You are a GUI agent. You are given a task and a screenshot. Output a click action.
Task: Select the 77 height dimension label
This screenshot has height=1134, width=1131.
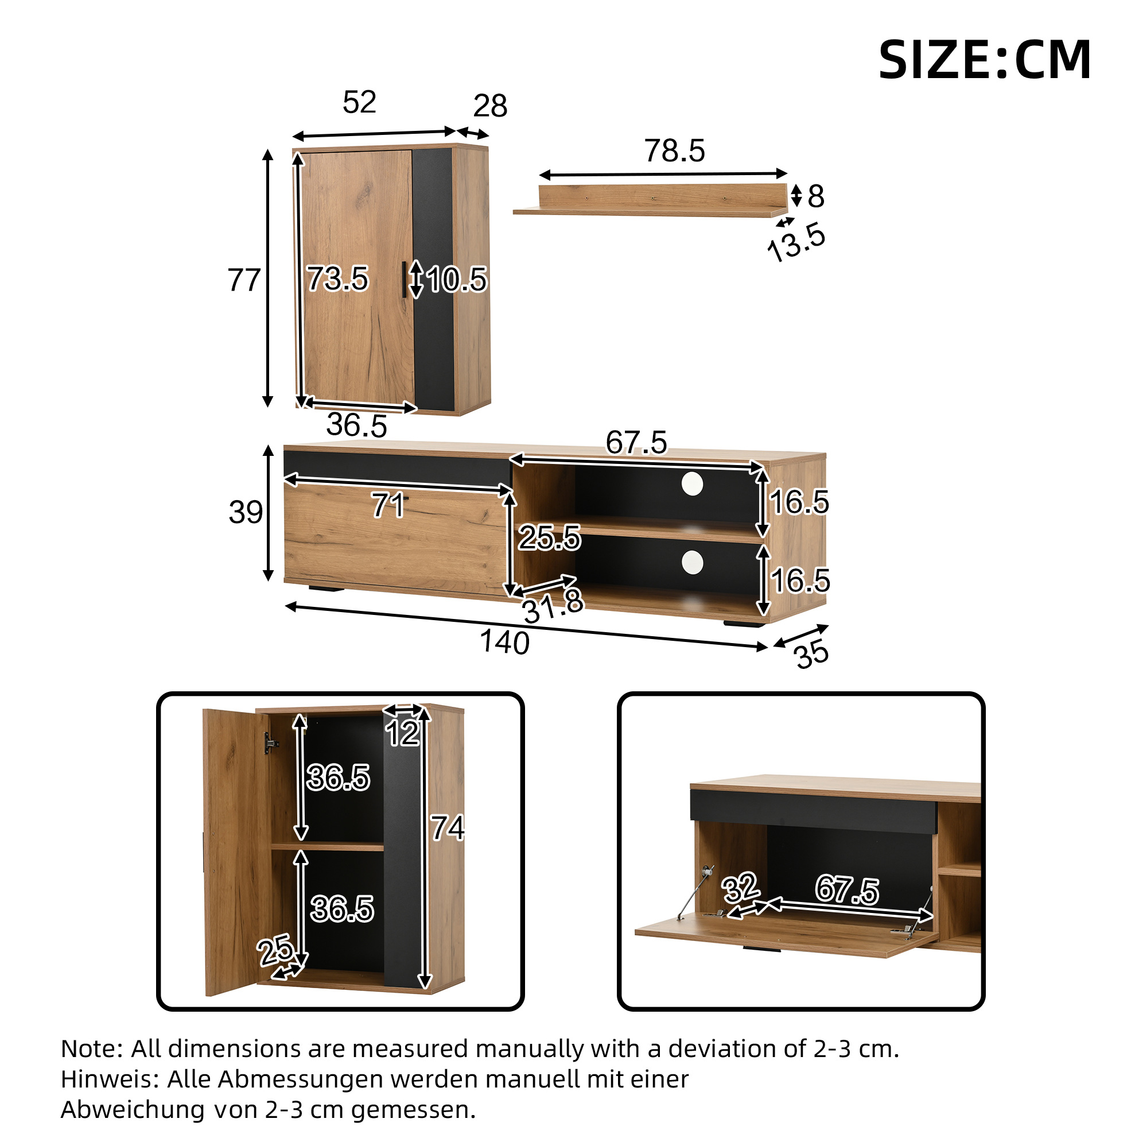point(243,280)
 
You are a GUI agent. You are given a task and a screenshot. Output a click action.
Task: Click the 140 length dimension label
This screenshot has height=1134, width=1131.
point(504,642)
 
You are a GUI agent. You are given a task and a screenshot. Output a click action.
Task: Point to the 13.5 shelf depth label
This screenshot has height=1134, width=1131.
point(796,242)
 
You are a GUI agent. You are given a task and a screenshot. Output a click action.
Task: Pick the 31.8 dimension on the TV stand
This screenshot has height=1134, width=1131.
point(553,606)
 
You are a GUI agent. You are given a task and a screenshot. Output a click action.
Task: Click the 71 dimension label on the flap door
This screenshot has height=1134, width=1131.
point(388,505)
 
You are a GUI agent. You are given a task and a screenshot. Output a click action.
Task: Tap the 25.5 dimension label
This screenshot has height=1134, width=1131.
point(549,537)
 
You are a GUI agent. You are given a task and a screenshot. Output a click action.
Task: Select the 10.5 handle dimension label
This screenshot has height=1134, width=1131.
point(456,280)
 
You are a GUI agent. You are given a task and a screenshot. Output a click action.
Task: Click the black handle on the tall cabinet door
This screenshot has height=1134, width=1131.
point(404,280)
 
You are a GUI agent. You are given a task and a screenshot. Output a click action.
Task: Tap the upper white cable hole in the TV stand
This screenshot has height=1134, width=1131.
point(692,483)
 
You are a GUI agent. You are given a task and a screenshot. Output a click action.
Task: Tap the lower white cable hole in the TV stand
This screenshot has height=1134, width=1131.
point(692,562)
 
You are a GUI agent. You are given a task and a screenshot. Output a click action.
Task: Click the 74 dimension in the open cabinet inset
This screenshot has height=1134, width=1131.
point(448,828)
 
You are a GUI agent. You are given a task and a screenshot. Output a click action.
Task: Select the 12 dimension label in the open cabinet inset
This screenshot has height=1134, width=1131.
point(402,733)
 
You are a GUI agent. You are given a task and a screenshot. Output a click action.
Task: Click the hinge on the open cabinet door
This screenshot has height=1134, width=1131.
point(270,742)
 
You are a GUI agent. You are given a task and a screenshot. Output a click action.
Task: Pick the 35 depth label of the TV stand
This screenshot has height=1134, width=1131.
point(812,655)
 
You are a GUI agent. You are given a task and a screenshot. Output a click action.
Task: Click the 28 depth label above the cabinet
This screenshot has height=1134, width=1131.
point(490,106)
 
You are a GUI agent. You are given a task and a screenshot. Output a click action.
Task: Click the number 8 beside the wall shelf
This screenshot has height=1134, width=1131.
point(815,196)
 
